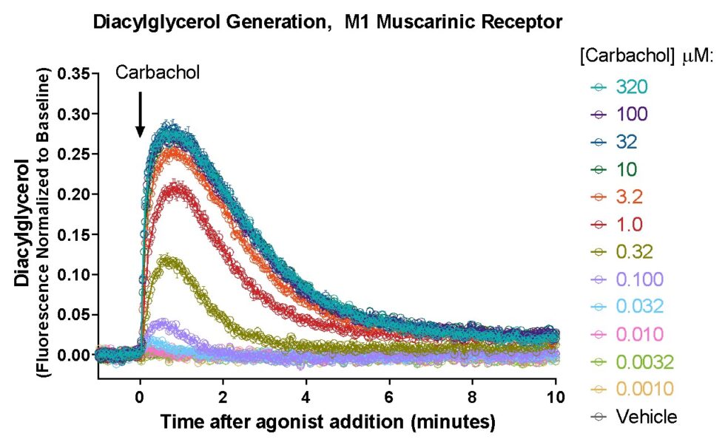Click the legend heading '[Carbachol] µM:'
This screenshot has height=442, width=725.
pos(644,57)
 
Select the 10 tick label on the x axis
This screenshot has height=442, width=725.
pos(556,396)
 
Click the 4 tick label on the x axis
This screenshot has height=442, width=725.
pos(306,396)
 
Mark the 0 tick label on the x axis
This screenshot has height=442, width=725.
pos(140,396)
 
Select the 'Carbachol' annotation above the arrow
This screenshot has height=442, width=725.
pos(158,72)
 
